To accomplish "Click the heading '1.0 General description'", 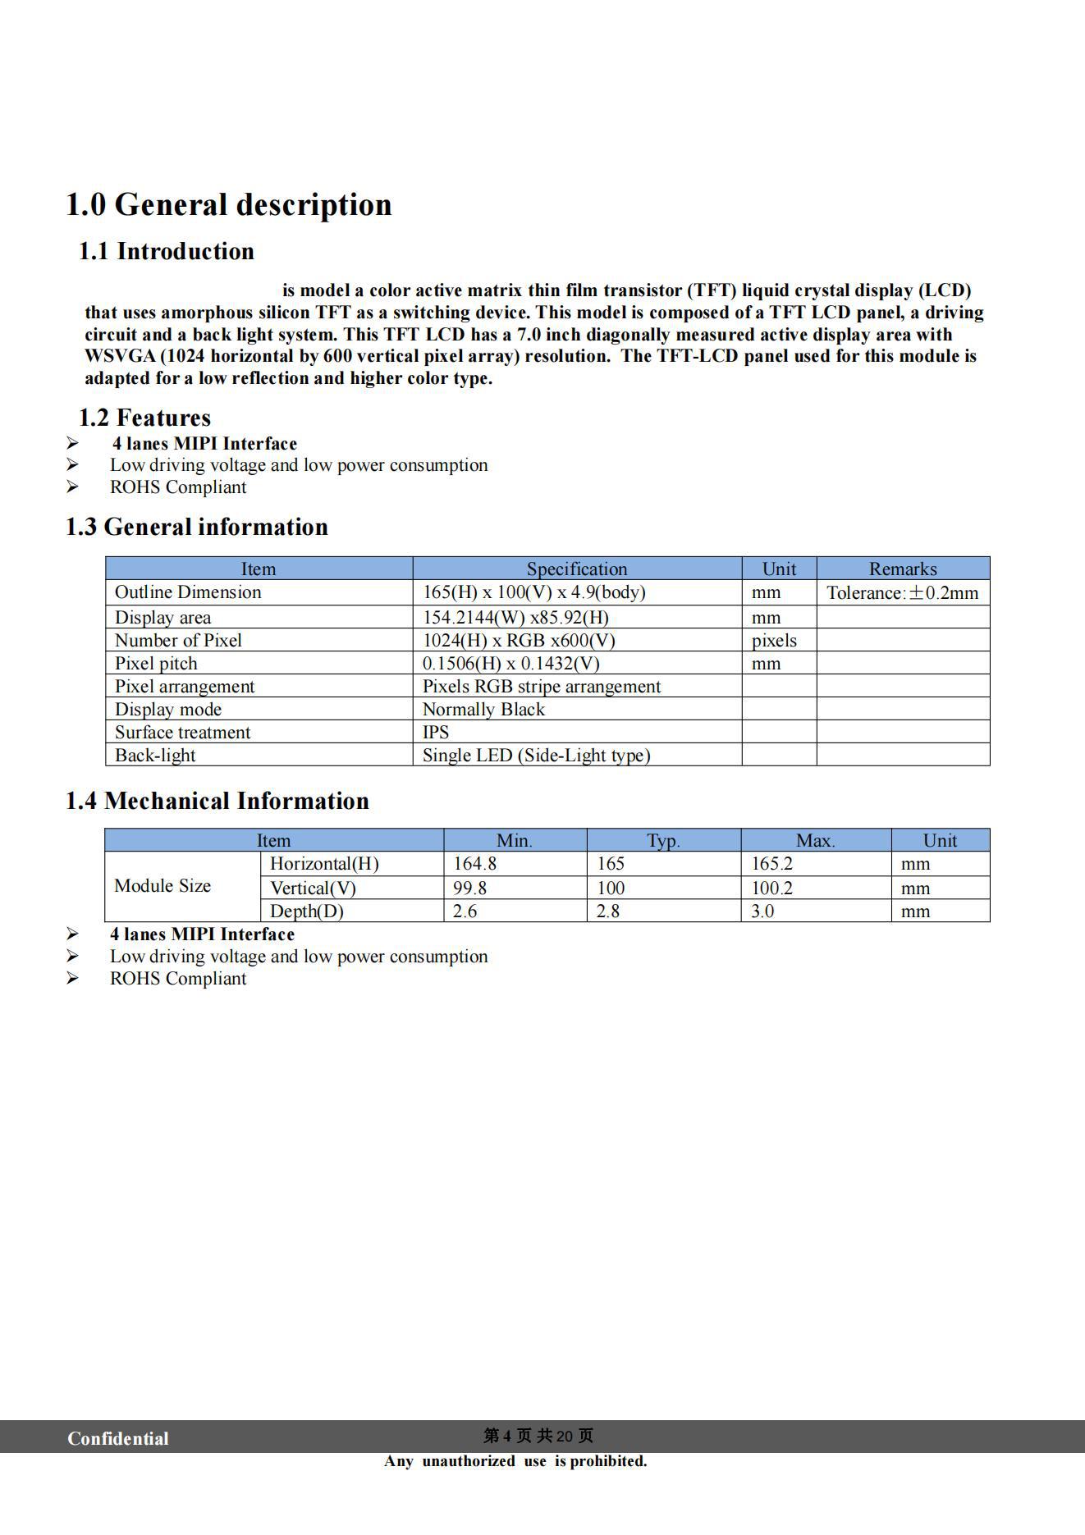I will point(228,205).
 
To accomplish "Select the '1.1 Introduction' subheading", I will point(166,251).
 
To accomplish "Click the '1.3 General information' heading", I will point(196,527).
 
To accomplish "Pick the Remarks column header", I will point(902,569).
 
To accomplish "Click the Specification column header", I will point(576,569).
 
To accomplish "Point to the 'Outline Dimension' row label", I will point(188,592).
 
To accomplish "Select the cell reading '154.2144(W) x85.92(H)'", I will point(515,617).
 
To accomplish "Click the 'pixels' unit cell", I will point(774,640).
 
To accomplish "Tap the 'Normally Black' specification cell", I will point(483,709).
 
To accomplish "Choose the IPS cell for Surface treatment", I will point(436,732).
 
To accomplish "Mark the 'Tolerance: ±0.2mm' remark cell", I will point(902,592).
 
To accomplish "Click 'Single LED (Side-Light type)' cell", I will point(536,755).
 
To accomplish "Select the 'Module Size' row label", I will point(163,886).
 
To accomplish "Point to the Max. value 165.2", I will point(772,863).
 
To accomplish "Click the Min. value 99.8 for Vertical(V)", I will point(469,888).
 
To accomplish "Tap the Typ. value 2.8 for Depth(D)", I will point(607,911).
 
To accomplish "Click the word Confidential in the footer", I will point(117,1438).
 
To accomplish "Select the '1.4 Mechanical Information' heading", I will point(217,801).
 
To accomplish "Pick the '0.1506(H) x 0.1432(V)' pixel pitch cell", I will point(510,663).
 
